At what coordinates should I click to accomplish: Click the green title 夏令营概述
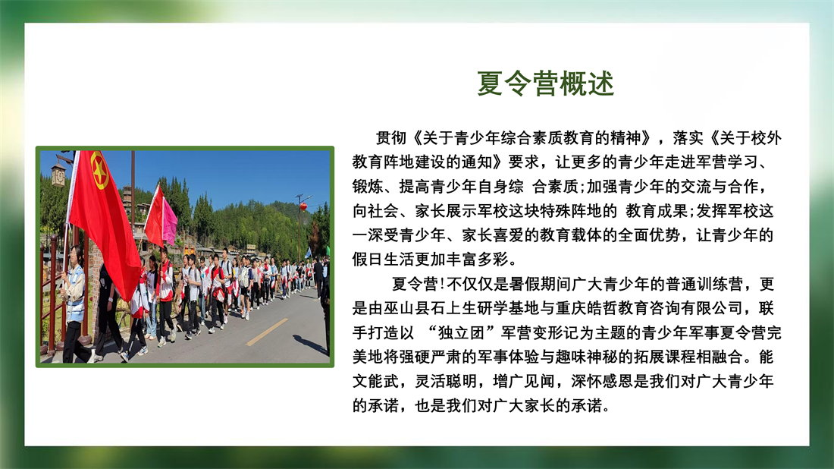tap(545, 83)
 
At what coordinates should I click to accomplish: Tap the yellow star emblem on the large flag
tap(99, 171)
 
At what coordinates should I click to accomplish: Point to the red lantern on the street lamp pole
tap(303, 206)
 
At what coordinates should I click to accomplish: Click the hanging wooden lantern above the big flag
tap(58, 174)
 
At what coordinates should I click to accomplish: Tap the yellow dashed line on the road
tap(267, 332)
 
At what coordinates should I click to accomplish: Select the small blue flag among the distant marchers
tap(308, 252)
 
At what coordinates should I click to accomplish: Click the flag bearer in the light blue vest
tap(74, 304)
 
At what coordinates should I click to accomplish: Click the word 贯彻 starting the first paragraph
tap(391, 138)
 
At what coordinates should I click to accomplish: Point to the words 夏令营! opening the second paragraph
tap(419, 284)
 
